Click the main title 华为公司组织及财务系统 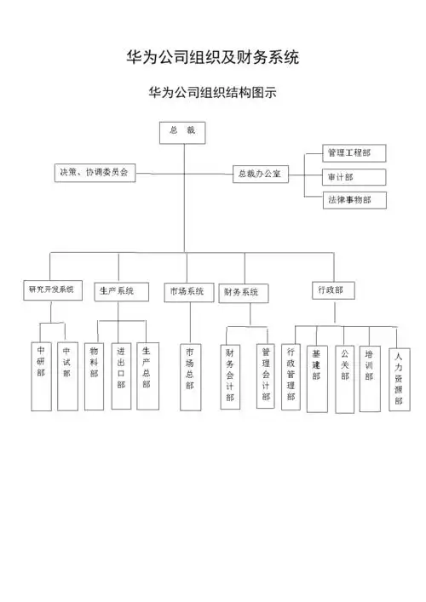[212, 58]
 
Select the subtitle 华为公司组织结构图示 [212, 92]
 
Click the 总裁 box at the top [183, 132]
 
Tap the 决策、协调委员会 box [94, 172]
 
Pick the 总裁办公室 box [262, 174]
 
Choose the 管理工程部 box [343, 153]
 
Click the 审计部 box [343, 177]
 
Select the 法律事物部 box [344, 200]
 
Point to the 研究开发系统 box [52, 290]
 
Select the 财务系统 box [243, 293]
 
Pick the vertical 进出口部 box [121, 375]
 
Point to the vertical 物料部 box [94, 375]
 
